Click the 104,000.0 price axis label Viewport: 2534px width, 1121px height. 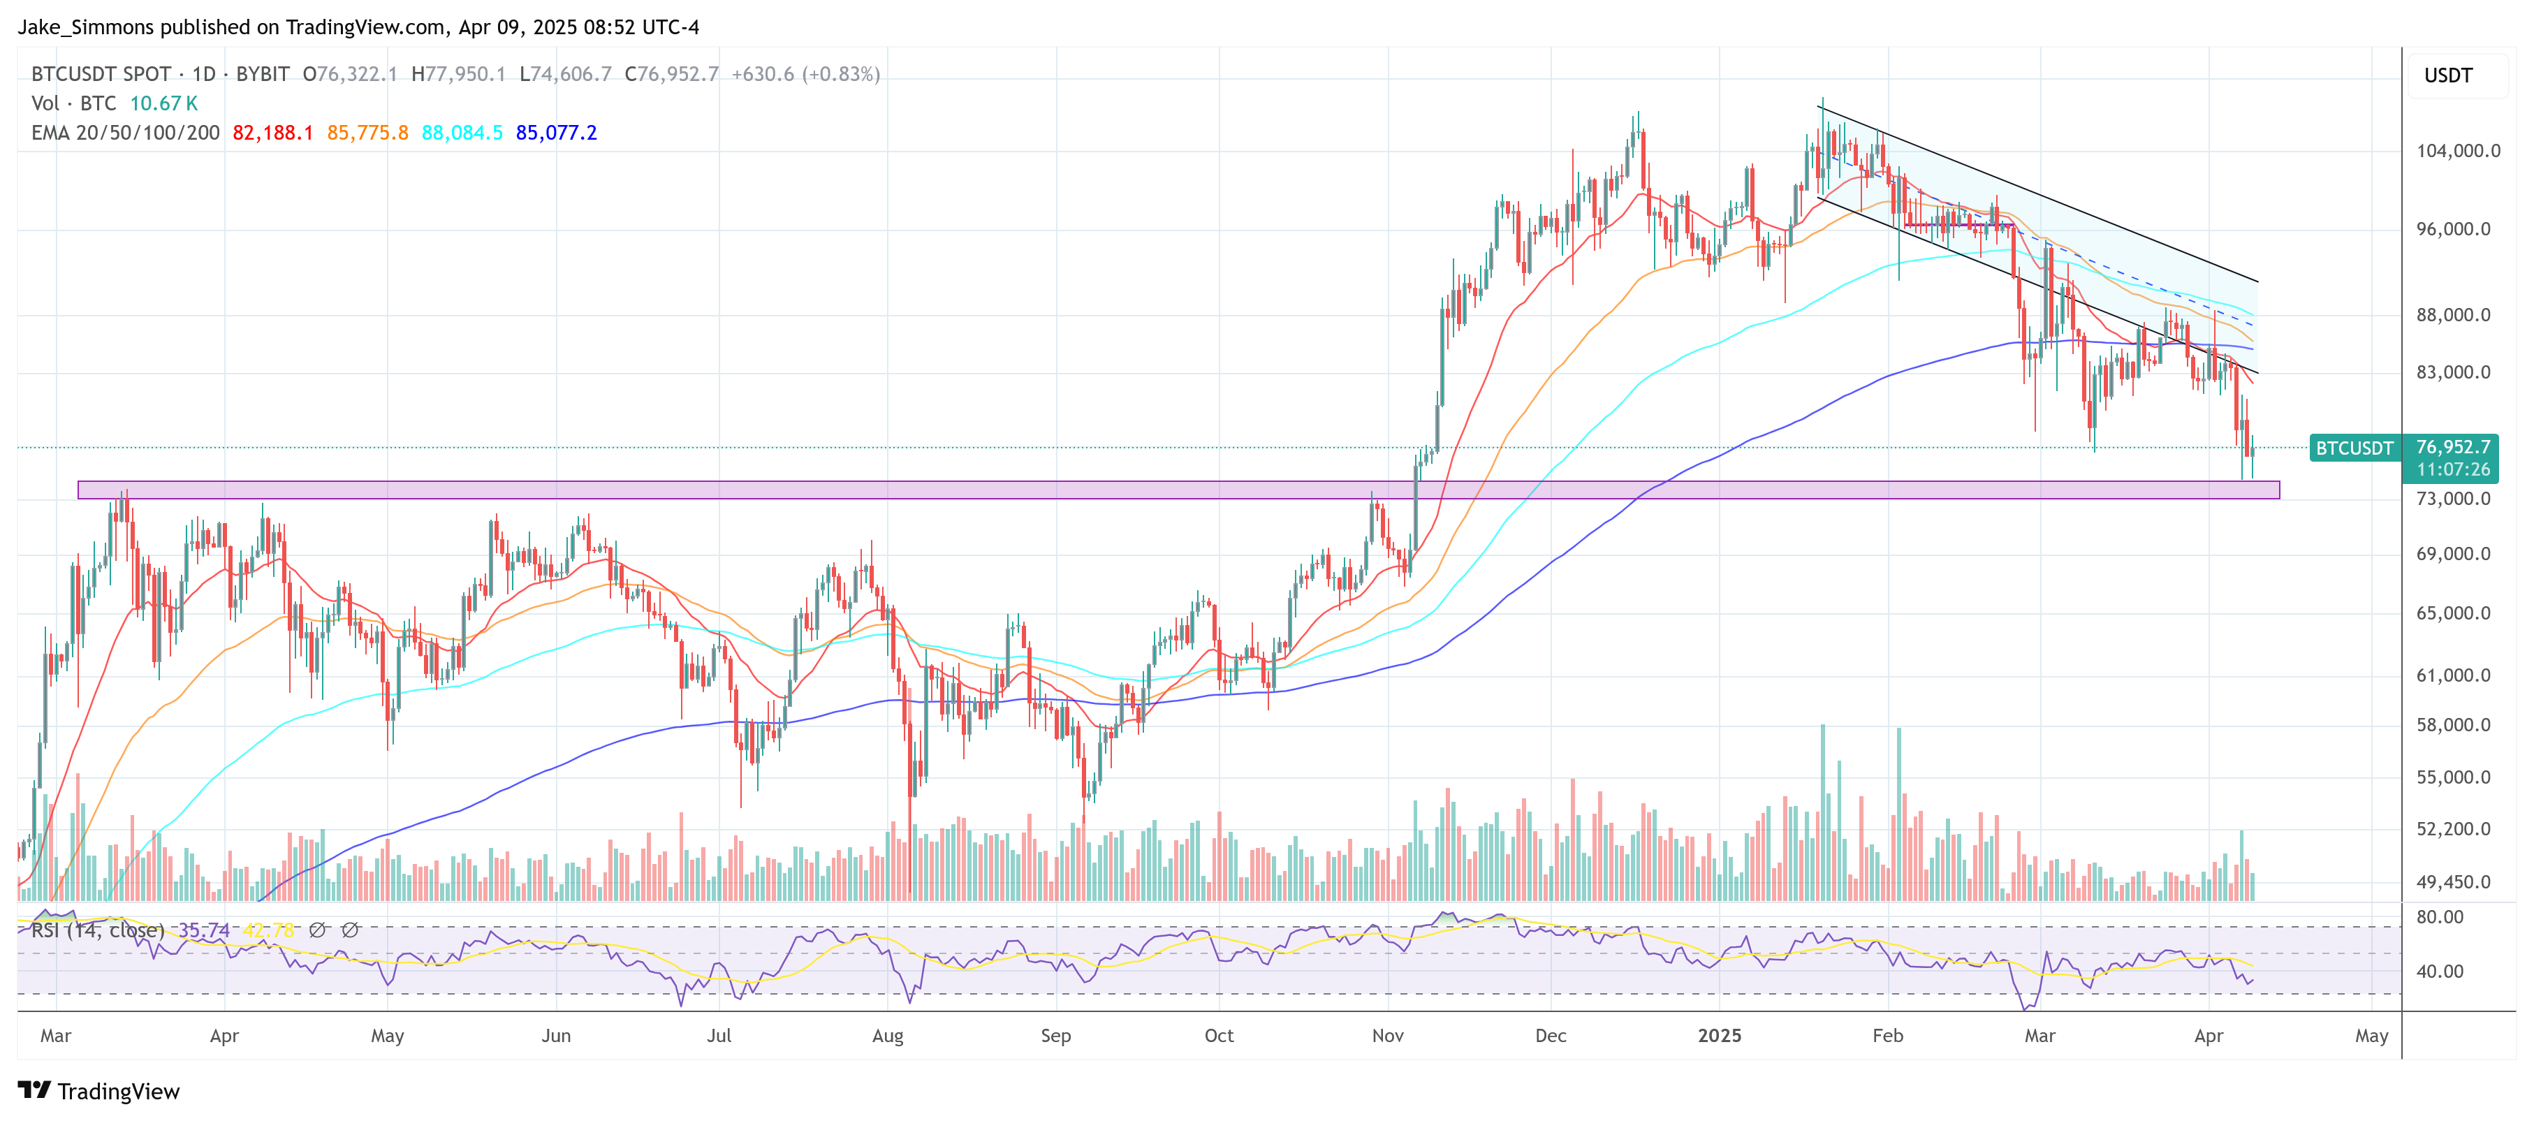click(2457, 150)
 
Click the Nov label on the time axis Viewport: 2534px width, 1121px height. click(1387, 1036)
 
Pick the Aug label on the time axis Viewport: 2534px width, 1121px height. click(887, 1036)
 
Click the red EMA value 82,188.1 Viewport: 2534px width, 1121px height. click(272, 133)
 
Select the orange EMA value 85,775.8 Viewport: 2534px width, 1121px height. click(367, 133)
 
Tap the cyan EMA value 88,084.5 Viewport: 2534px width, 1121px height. click(462, 133)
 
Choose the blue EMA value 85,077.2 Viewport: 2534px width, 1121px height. click(556, 133)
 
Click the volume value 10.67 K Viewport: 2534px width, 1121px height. click(163, 103)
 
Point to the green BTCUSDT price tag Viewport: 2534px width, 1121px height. click(2354, 448)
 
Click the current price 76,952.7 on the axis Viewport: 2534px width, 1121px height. click(2454, 448)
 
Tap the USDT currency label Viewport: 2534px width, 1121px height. click(2447, 75)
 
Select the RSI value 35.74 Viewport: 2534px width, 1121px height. click(204, 930)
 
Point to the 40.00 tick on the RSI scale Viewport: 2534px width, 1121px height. click(2440, 972)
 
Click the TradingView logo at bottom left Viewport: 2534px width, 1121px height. click(99, 1092)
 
